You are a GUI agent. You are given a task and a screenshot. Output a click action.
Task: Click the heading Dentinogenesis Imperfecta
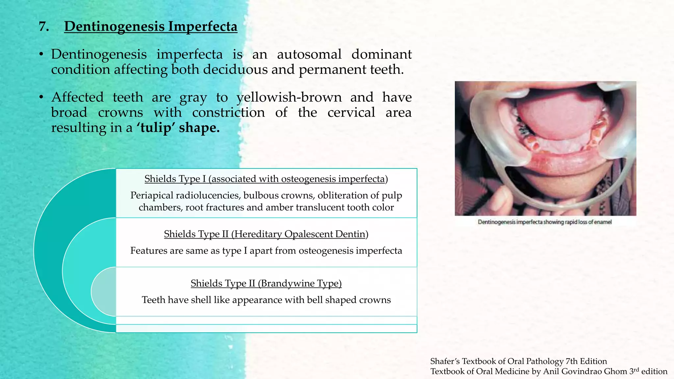(x=150, y=26)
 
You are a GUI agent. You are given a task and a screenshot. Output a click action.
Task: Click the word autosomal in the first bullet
(x=309, y=54)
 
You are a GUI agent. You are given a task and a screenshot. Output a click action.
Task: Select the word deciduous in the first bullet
(x=235, y=69)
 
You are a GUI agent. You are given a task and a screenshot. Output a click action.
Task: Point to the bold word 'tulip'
(x=156, y=128)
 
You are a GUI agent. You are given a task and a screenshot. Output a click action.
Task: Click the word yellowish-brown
(x=289, y=97)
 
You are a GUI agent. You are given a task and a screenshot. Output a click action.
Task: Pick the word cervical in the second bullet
(x=351, y=113)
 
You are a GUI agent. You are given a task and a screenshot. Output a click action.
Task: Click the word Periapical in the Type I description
(x=151, y=195)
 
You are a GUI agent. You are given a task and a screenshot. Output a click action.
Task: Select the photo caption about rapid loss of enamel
(x=545, y=222)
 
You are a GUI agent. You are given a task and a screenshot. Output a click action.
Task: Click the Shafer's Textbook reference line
(x=518, y=361)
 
